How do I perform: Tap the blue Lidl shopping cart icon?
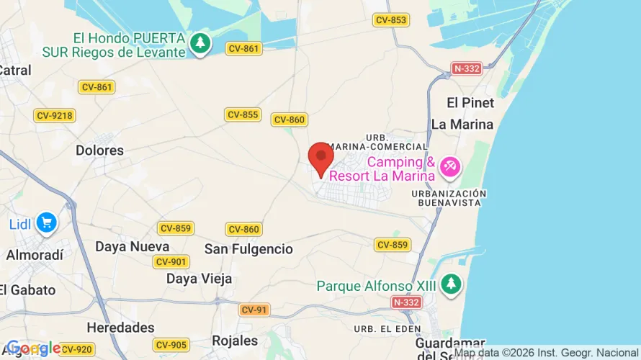point(46,222)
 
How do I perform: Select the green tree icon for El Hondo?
point(200,44)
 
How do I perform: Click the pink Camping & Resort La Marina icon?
point(450,167)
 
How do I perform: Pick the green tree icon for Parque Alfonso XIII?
point(451,284)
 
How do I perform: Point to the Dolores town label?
point(99,150)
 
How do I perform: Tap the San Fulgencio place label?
point(248,249)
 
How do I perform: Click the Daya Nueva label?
point(133,246)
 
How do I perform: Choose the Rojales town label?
point(235,341)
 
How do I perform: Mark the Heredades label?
point(120,328)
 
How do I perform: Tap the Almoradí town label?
point(35,255)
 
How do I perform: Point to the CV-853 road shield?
point(391,20)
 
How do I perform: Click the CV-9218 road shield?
point(55,115)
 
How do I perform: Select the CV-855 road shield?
point(243,115)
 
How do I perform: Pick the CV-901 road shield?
point(171,262)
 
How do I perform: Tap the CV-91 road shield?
point(255,310)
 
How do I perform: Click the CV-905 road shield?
point(171,345)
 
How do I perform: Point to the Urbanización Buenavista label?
point(449,198)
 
